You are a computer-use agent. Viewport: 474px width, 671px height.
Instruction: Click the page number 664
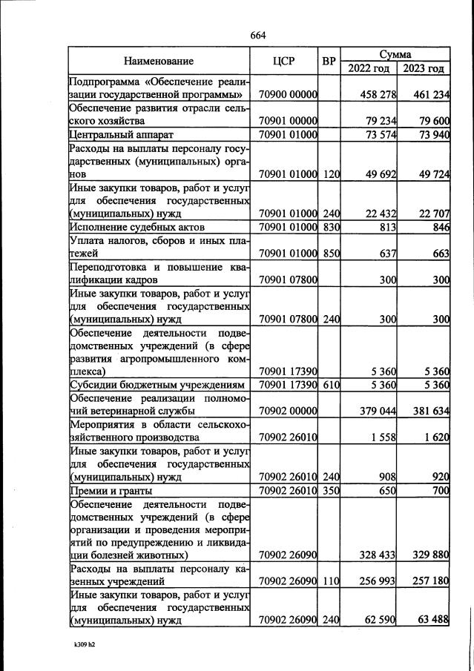coord(258,35)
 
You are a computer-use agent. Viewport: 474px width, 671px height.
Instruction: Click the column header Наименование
coord(159,62)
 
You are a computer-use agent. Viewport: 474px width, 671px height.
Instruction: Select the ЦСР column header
coord(285,62)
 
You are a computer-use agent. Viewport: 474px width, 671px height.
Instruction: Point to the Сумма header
coord(395,55)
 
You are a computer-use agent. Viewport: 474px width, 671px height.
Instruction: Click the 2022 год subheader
coord(368,68)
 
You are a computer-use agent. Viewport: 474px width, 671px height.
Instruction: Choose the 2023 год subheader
coord(424,68)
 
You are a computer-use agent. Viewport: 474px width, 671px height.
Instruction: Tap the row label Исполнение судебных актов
coord(136,227)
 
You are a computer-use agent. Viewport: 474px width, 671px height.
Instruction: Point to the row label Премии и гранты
coord(111,491)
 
